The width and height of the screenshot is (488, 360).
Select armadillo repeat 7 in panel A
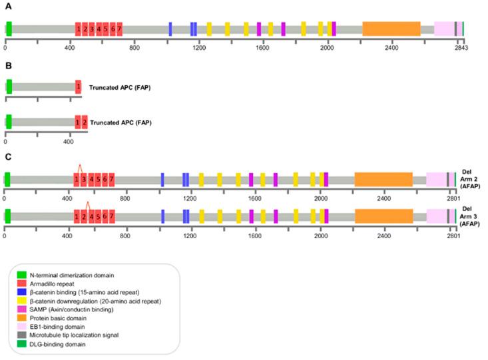119,29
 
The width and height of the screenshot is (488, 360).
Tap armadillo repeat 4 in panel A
99,29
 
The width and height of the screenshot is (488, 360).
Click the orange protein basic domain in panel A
391,29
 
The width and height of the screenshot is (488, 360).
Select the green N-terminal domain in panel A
9,29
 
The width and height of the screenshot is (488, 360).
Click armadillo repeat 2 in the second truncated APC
84,122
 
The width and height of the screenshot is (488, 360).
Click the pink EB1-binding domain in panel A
443,29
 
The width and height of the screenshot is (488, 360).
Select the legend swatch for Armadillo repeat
21,284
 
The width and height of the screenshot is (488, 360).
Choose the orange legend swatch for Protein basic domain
21,319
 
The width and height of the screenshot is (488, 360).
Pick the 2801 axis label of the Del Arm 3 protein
454,236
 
